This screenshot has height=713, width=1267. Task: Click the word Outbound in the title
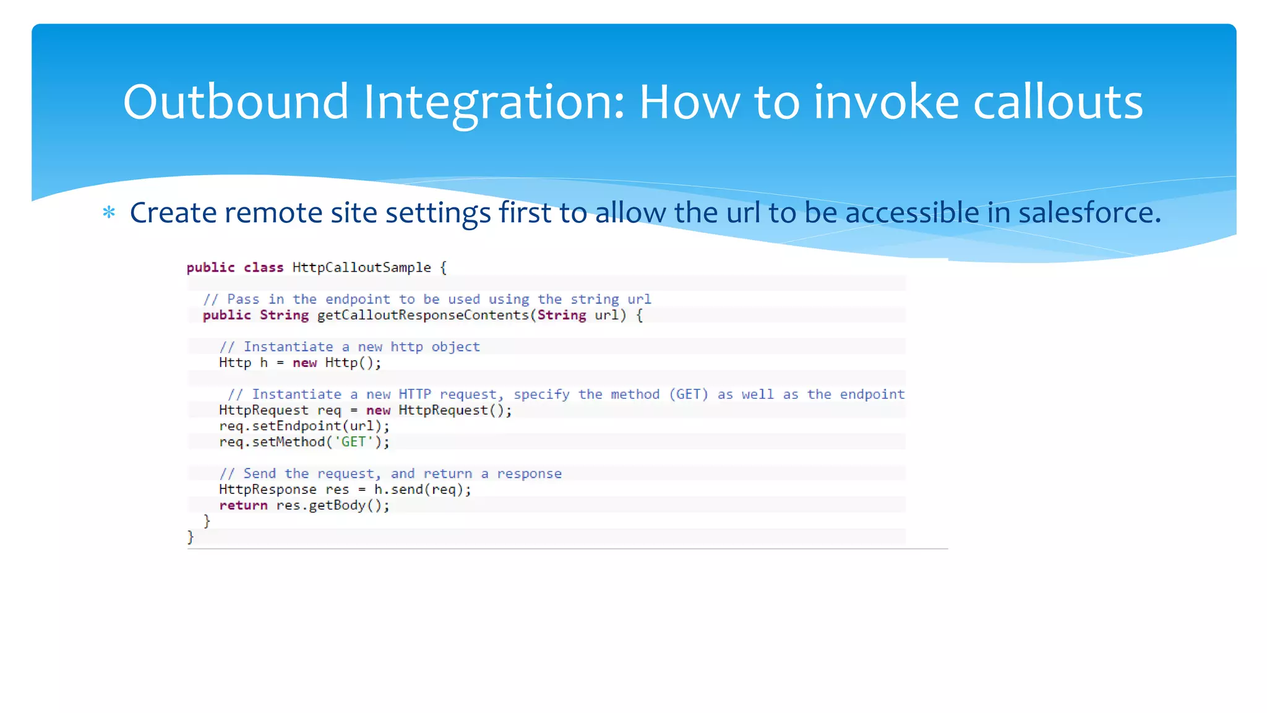coord(236,102)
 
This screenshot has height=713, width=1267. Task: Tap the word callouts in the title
coord(1058,102)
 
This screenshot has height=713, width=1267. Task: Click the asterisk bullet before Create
coord(109,213)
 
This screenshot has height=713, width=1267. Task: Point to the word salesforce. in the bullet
coord(1089,213)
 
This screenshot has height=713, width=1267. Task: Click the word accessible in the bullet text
coord(913,213)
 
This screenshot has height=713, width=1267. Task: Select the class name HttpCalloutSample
coord(361,267)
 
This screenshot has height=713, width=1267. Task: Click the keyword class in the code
coord(263,267)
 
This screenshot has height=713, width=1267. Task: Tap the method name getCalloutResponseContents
coord(423,315)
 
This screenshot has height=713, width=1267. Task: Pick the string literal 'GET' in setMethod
coord(353,442)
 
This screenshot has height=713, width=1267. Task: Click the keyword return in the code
coord(243,506)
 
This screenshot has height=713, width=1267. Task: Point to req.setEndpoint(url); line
coord(304,426)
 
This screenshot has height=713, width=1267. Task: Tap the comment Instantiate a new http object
coord(350,347)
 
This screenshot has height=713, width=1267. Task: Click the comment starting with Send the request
coord(390,473)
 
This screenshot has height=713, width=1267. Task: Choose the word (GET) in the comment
coord(688,394)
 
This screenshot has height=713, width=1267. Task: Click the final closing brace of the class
coord(191,537)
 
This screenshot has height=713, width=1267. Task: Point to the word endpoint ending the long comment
coord(872,394)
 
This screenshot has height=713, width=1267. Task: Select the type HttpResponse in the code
coord(267,490)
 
